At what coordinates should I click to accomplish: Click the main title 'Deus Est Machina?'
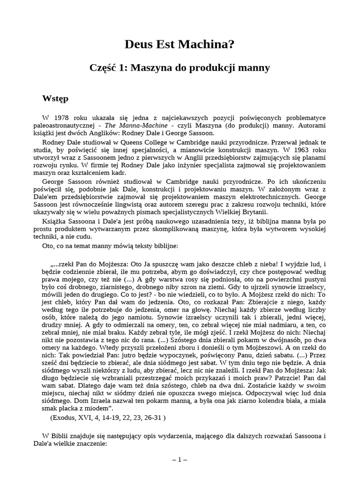click(180, 45)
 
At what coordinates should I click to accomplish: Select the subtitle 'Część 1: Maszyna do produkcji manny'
click(180, 68)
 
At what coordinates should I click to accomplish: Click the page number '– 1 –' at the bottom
click(180, 460)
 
